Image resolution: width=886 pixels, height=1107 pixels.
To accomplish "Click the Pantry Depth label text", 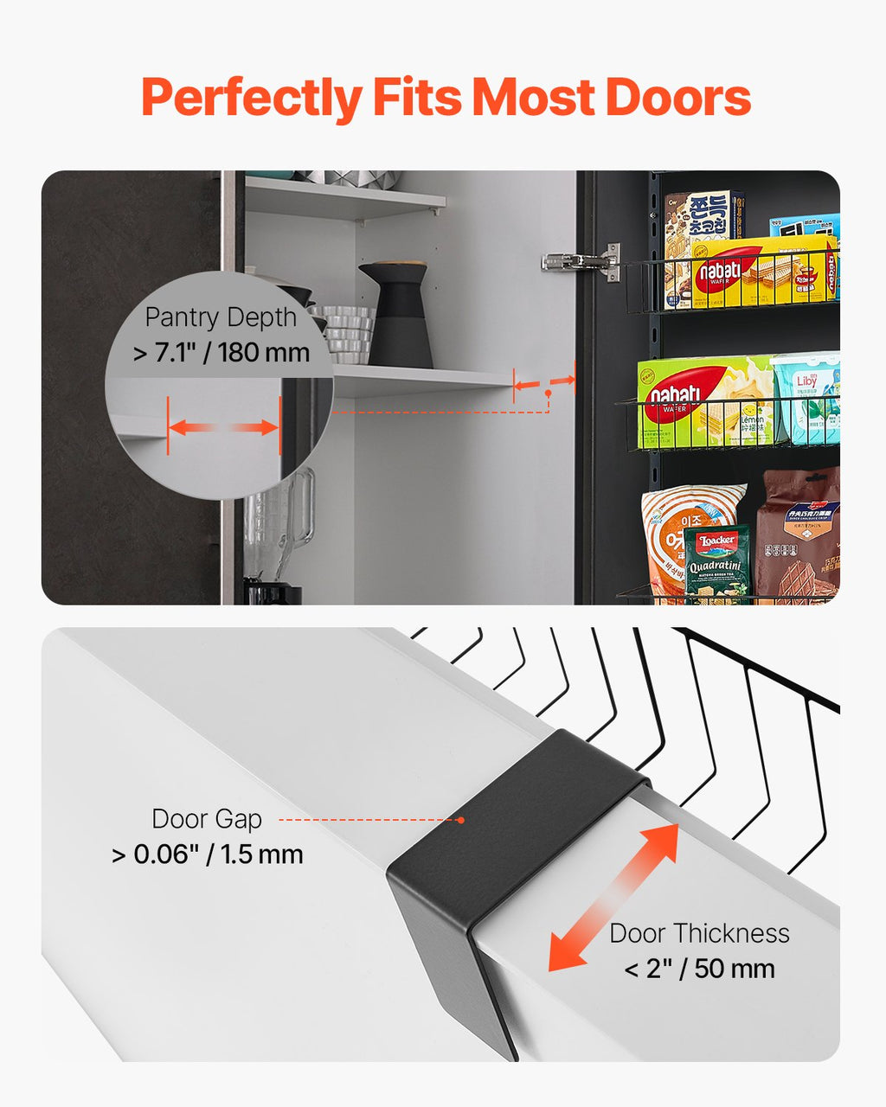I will (221, 317).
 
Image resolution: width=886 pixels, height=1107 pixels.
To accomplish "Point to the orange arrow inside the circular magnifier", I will (224, 427).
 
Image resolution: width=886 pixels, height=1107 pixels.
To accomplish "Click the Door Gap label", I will (207, 818).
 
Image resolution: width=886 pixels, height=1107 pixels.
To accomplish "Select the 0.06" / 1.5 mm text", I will (208, 854).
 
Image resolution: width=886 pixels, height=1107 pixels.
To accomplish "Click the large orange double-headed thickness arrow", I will (613, 897).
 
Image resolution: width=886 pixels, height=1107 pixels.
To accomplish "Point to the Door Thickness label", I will (699, 933).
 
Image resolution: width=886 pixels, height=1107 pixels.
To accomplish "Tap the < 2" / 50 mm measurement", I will (699, 969).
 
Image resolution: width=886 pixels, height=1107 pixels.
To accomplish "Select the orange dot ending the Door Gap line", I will (461, 819).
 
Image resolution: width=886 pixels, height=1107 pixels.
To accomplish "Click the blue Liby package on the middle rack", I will (806, 400).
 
